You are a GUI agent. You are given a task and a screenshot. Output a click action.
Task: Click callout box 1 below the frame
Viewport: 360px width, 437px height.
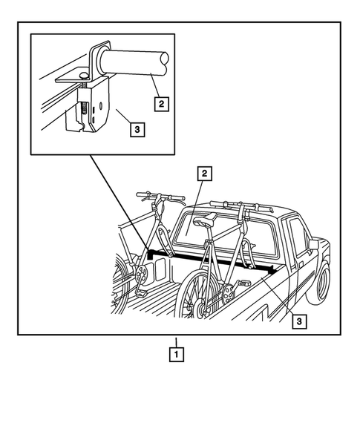point(176,354)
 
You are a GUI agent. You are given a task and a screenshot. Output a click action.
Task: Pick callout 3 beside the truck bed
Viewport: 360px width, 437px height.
point(298,321)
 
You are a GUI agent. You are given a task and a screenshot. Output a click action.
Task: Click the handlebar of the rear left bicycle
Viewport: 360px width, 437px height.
point(160,197)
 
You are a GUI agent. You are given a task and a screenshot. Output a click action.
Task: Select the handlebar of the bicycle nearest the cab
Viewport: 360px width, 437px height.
point(236,203)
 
